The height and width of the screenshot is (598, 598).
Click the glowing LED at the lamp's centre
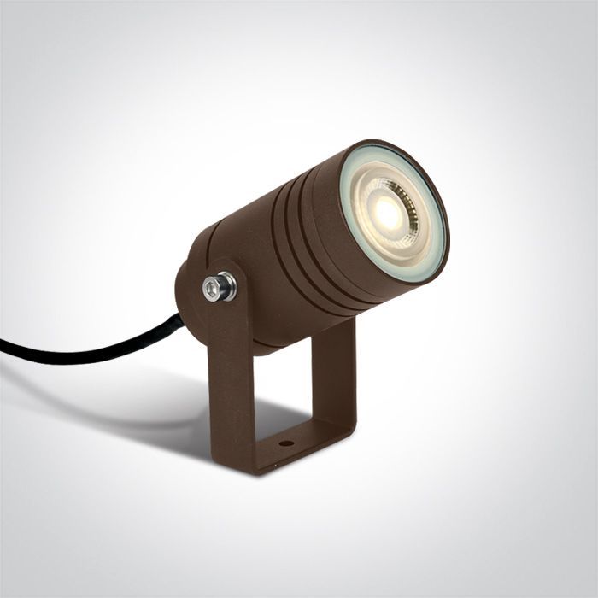389,214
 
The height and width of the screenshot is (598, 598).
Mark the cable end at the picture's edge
3,346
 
